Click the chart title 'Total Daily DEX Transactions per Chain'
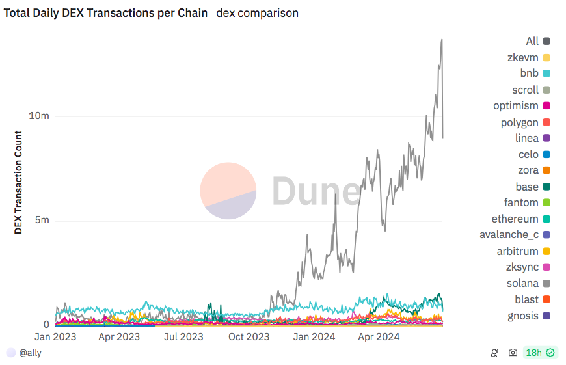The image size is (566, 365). (106, 13)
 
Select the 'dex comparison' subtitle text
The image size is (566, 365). (257, 13)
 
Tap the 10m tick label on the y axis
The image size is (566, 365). (39, 116)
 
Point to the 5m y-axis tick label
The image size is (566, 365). (42, 220)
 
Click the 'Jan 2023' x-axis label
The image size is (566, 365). (55, 336)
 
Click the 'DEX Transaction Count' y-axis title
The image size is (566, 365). (18, 182)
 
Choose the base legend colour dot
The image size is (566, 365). (546, 187)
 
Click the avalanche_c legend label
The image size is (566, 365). (509, 235)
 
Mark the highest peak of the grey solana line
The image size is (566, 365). (442, 39)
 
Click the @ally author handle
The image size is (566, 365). (29, 352)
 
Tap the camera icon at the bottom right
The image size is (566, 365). (513, 352)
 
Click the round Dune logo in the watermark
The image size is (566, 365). (228, 191)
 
